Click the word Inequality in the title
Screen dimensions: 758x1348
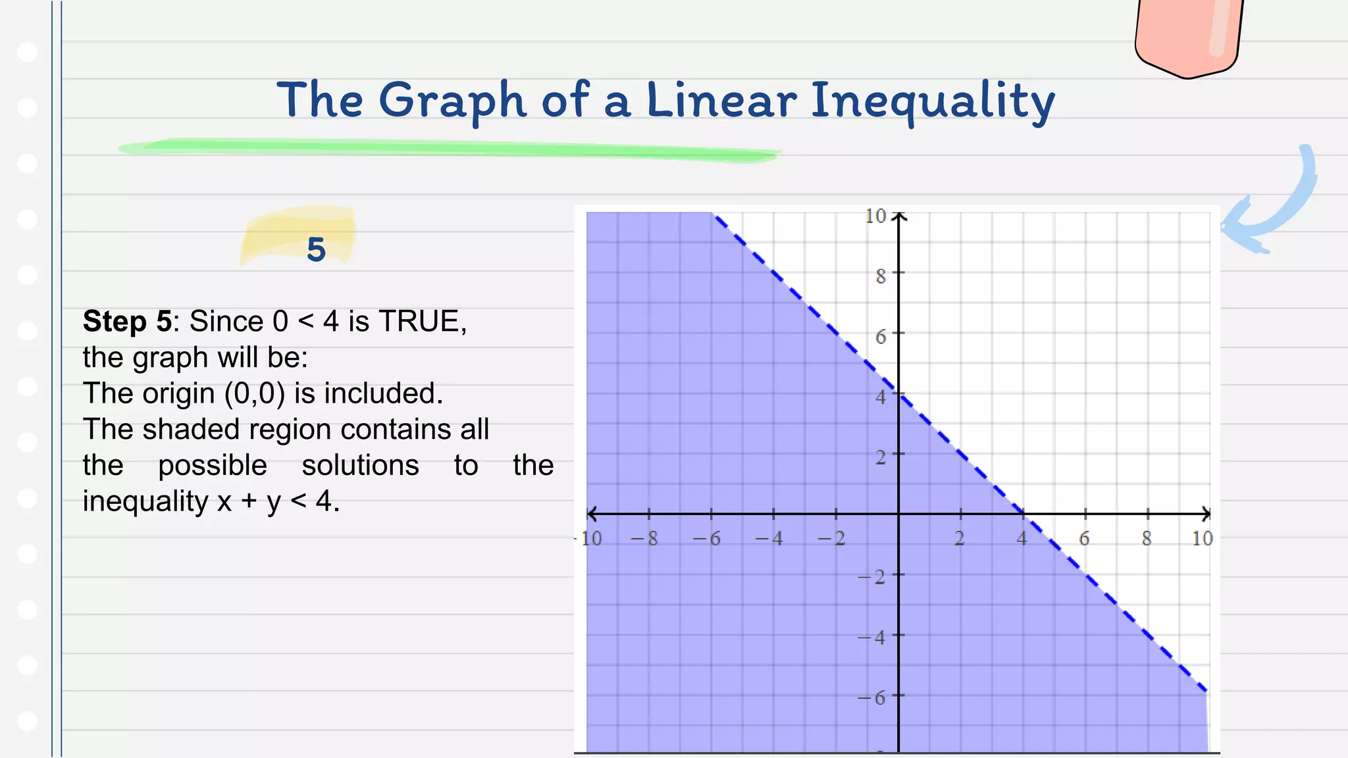tap(932, 101)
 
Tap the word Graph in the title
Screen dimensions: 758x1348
tap(452, 101)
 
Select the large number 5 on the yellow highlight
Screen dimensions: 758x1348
tap(316, 249)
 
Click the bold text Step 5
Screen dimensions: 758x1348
tap(127, 322)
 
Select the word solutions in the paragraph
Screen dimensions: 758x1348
tap(360, 465)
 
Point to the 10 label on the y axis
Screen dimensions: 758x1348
tap(875, 216)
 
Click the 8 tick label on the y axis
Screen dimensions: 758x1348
tap(881, 276)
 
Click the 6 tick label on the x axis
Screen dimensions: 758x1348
tap(1084, 539)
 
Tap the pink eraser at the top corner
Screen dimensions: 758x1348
tap(1188, 36)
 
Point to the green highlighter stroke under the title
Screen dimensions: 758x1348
tap(448, 149)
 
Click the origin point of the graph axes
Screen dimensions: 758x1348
tap(898, 514)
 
